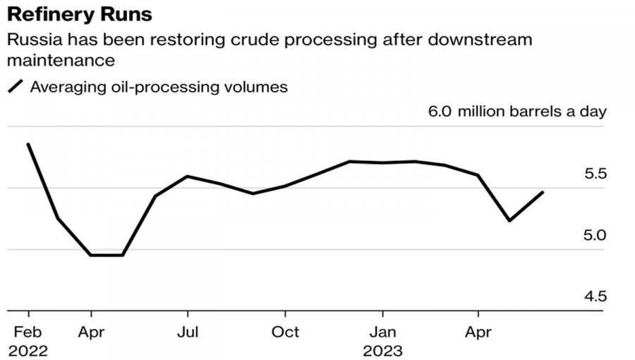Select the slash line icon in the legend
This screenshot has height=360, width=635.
click(15, 88)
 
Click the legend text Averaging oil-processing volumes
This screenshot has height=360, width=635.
click(159, 88)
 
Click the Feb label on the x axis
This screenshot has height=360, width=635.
click(28, 332)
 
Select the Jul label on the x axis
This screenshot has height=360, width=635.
click(188, 332)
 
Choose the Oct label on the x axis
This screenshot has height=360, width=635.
click(285, 332)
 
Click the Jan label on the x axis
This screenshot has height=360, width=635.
click(382, 332)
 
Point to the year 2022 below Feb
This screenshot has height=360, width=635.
click(28, 351)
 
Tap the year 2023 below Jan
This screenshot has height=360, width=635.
click(382, 351)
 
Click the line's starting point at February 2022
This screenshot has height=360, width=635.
click(28, 144)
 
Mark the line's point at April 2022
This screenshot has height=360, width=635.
click(91, 255)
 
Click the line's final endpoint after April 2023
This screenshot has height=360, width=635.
click(543, 192)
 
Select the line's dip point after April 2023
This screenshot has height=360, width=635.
click(509, 221)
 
